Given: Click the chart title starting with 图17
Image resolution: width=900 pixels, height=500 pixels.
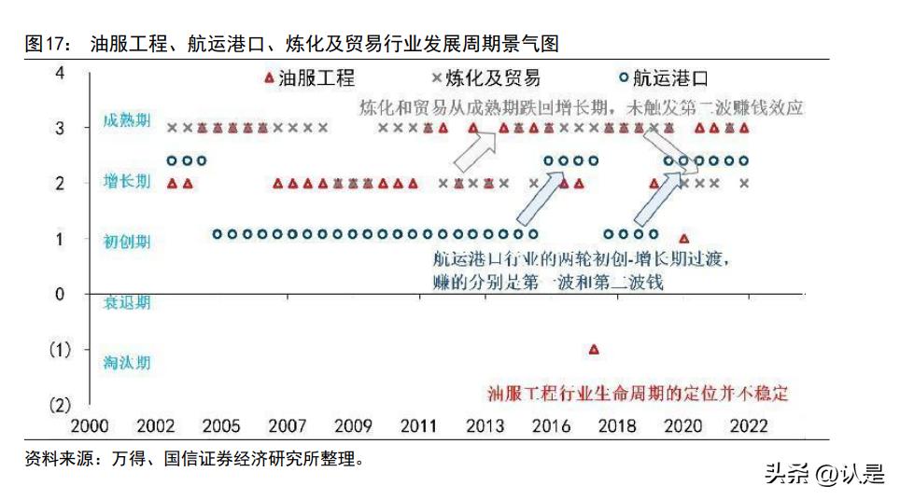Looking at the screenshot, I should pyautogui.click(x=291, y=44).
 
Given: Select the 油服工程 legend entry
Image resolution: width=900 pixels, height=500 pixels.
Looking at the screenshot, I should pyautogui.click(x=308, y=78).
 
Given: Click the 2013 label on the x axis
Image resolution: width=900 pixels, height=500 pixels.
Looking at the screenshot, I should pyautogui.click(x=485, y=426).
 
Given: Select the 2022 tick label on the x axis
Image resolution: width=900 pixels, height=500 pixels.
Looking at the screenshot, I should pyautogui.click(x=748, y=426).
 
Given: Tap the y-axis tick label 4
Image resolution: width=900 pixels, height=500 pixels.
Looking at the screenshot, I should pyautogui.click(x=61, y=72).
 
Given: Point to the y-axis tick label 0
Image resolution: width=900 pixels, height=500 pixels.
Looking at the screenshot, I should pyautogui.click(x=61, y=295).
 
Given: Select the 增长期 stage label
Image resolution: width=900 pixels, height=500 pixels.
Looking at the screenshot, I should pyautogui.click(x=126, y=182).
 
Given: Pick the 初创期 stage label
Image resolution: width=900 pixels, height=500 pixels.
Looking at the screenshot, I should pyautogui.click(x=126, y=241).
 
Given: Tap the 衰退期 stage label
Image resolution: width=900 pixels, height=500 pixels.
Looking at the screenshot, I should pyautogui.click(x=126, y=302).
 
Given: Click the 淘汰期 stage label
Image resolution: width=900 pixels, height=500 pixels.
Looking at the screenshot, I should pyautogui.click(x=126, y=363).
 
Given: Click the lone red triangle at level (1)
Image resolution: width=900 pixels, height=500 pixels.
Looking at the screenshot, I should pyautogui.click(x=594, y=350).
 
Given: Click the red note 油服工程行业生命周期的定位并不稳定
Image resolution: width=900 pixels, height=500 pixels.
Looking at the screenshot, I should pyautogui.click(x=638, y=394).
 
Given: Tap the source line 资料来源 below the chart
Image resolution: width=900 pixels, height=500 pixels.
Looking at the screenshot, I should pyautogui.click(x=194, y=458).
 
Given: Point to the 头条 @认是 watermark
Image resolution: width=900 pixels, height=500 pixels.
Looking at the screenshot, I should pyautogui.click(x=823, y=475).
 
